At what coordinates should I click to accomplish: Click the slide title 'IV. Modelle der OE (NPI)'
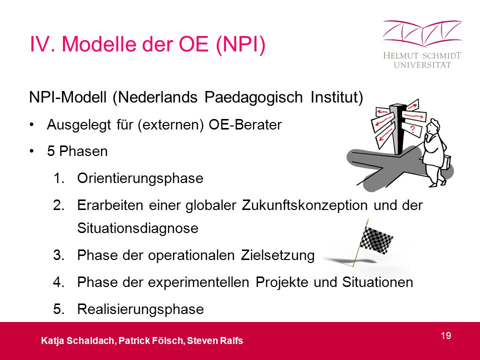tap(147, 44)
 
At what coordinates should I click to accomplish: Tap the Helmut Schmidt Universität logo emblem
tap(422, 33)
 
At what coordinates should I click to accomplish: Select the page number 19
tap(446, 335)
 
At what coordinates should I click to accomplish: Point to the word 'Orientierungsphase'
tap(140, 178)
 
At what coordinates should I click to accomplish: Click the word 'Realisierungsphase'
tap(140, 309)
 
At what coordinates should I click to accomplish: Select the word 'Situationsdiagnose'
tap(138, 228)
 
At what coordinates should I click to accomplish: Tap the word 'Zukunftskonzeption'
tap(304, 205)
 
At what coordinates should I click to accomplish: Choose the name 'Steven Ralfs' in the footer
tap(215, 340)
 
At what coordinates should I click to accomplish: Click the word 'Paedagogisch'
tap(253, 97)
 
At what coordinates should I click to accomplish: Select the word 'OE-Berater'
tap(245, 124)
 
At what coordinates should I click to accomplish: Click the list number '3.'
tap(59, 255)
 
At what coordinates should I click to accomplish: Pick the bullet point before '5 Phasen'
tap(31, 151)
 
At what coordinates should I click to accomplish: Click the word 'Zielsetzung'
tap(277, 255)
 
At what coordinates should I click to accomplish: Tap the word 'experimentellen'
tap(198, 282)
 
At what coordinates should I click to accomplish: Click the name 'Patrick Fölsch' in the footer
tap(151, 340)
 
